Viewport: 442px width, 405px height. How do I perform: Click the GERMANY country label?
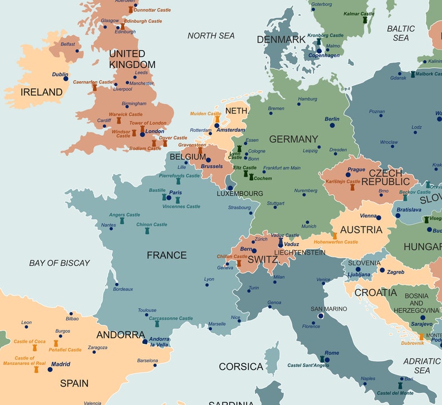point(293,139)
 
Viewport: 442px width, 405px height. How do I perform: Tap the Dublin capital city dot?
point(66,79)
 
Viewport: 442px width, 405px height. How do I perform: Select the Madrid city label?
point(61,364)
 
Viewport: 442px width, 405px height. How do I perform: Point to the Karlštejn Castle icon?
point(352,187)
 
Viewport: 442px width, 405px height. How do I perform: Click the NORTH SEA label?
point(211,36)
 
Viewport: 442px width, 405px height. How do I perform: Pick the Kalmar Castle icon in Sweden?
point(365,20)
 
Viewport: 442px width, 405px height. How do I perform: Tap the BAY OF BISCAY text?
point(60,263)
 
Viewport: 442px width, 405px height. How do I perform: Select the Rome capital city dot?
point(327,360)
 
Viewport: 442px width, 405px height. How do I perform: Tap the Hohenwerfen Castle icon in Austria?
point(335,236)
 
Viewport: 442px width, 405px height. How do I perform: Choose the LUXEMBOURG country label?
point(240,194)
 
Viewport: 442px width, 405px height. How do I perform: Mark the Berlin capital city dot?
point(332,126)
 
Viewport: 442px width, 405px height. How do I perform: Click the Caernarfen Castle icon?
point(95,88)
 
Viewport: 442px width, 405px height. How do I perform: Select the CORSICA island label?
point(241,367)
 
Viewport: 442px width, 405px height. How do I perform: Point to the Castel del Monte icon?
point(400,386)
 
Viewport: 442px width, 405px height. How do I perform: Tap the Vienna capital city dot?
point(379,217)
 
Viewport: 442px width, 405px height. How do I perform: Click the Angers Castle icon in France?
point(122,221)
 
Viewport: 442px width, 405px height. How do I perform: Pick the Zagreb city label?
point(395,272)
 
